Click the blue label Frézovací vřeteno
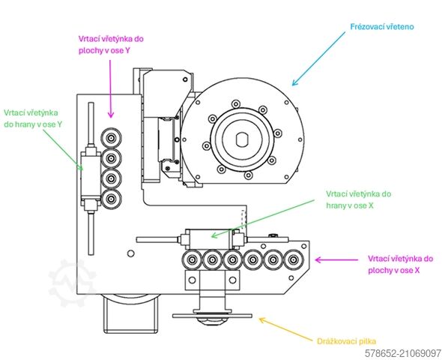[382, 27]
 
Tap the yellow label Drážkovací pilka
[346, 341]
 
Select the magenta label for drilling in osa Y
[111, 44]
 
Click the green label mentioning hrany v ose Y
[33, 118]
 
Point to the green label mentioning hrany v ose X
[359, 199]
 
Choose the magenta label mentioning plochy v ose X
[400, 264]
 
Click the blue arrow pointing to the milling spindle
[318, 58]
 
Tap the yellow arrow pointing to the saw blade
[286, 329]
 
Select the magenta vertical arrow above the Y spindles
[111, 88]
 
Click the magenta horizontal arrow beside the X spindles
[336, 259]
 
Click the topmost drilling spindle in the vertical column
[112, 138]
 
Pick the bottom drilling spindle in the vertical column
[112, 199]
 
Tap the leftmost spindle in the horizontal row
[193, 259]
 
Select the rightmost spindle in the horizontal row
[294, 259]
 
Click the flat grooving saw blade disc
[212, 316]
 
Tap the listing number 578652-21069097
[403, 353]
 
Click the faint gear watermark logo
[71, 283]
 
